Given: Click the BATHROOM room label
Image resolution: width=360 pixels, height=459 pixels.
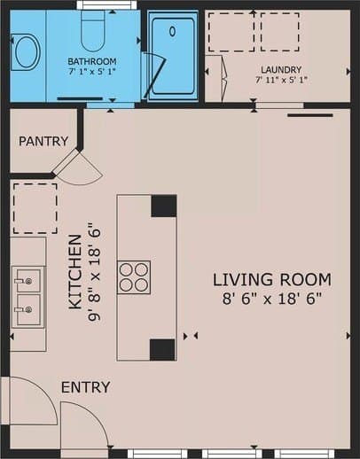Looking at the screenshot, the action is (x=92, y=61).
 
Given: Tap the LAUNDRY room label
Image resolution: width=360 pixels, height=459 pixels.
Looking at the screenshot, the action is (x=281, y=70).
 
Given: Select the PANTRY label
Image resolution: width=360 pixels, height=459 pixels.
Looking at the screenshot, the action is (x=43, y=141).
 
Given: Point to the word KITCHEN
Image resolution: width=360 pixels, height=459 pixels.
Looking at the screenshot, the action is (x=75, y=272).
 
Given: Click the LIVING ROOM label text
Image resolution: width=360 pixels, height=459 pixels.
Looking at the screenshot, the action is (x=272, y=280).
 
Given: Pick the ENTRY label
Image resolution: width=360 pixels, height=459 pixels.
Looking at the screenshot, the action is (x=86, y=387).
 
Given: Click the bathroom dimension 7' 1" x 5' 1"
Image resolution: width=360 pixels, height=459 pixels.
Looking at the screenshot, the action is (x=92, y=72).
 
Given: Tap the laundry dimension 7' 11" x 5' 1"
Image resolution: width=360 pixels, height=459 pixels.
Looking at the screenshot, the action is (x=281, y=80).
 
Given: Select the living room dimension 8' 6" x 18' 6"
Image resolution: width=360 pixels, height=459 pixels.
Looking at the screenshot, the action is (x=271, y=299).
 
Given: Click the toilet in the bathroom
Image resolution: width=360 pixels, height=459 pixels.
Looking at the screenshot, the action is (x=93, y=30).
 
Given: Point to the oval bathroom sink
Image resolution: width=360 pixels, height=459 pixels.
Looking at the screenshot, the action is (x=27, y=52).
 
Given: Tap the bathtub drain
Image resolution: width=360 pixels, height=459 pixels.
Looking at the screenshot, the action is (x=173, y=31).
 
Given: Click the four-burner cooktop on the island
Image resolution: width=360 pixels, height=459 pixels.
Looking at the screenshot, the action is (x=134, y=277).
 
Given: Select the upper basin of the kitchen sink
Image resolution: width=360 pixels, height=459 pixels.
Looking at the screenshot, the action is (x=28, y=281).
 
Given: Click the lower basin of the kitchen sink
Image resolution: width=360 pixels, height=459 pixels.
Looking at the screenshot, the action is (x=28, y=309).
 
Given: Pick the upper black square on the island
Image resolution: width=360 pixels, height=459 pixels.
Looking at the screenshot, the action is (x=164, y=206).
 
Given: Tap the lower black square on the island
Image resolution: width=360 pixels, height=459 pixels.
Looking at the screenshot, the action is (x=162, y=350).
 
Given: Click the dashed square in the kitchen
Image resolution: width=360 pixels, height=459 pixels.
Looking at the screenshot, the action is (x=35, y=208).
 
